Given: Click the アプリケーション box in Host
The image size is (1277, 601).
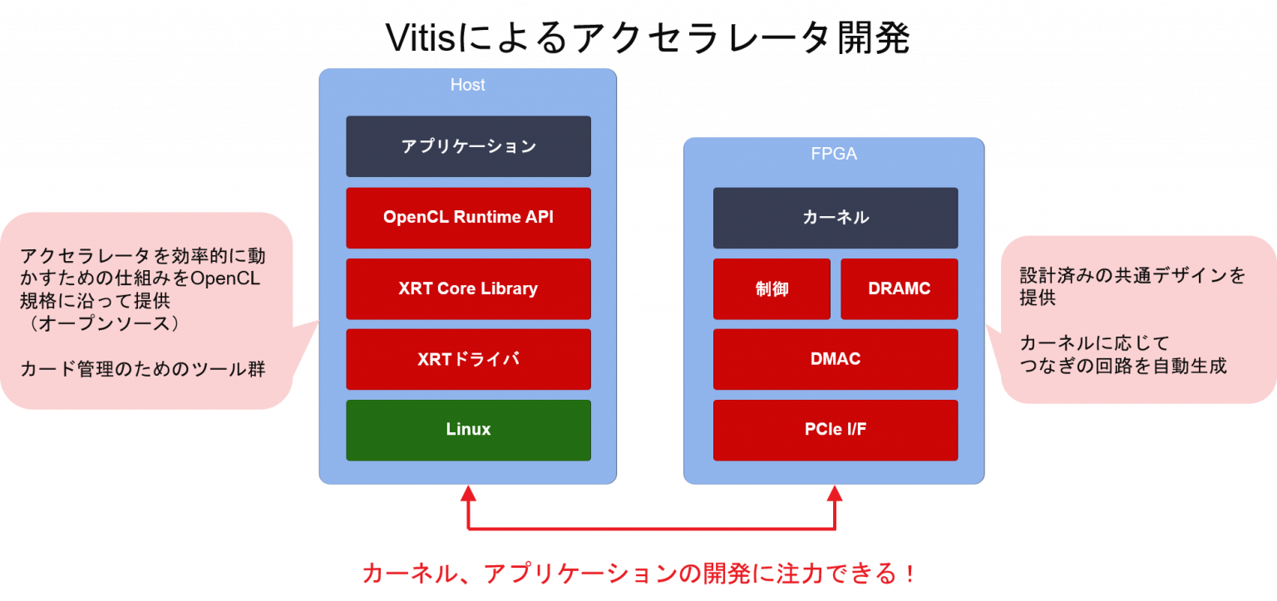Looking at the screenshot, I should [x=468, y=146].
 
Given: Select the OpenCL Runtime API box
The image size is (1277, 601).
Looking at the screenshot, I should [x=468, y=218].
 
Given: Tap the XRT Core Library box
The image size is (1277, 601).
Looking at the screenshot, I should [x=468, y=289].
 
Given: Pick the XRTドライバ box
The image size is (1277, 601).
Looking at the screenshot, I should [x=468, y=359].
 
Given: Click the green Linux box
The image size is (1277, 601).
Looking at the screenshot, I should [x=468, y=430].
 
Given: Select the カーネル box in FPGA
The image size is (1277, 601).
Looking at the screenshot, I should [x=836, y=218].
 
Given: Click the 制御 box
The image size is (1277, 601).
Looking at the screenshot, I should [x=772, y=289].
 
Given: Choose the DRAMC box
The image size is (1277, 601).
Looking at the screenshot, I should [x=899, y=289].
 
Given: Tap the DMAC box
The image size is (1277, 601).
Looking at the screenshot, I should [x=836, y=359].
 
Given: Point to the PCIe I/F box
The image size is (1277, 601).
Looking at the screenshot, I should [x=836, y=430].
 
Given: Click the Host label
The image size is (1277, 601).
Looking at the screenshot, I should [x=468, y=85].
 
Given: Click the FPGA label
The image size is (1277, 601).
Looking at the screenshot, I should [x=834, y=154].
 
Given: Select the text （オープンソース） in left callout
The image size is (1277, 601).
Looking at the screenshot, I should [x=101, y=323].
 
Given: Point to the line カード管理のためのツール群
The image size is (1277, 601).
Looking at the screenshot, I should [x=143, y=368].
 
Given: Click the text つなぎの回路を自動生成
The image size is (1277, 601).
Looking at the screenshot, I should [x=1123, y=366].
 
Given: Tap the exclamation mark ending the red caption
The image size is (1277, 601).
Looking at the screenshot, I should [x=910, y=574].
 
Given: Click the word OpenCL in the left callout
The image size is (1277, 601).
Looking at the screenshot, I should [x=226, y=278].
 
